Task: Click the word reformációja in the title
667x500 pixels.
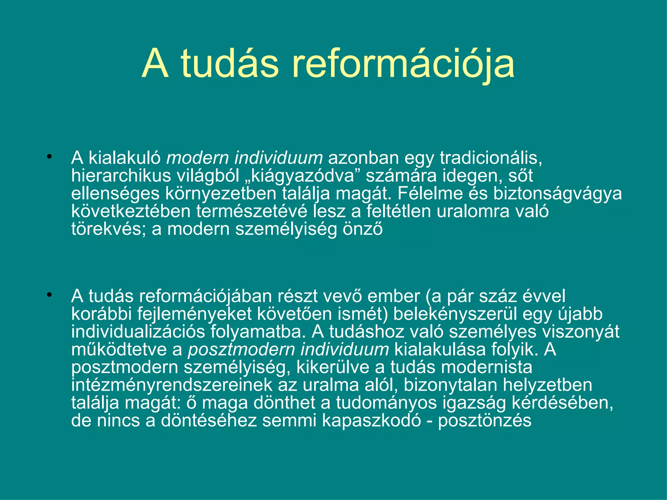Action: point(403,64)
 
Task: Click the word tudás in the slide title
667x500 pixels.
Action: point(230,64)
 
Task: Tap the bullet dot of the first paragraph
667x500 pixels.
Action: point(49,157)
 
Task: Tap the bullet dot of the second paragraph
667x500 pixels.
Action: point(49,295)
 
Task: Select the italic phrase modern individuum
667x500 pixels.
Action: point(244,158)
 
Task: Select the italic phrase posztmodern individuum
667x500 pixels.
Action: point(288,350)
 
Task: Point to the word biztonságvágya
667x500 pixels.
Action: point(557,194)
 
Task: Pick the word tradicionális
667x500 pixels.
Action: point(491,158)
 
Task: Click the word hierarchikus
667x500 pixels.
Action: point(121,176)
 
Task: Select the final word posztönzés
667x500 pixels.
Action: point(485,421)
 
